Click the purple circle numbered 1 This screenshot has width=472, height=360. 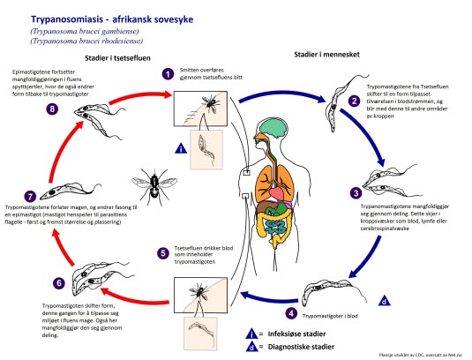[165, 75]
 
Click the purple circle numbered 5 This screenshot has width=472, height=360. [163, 252]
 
